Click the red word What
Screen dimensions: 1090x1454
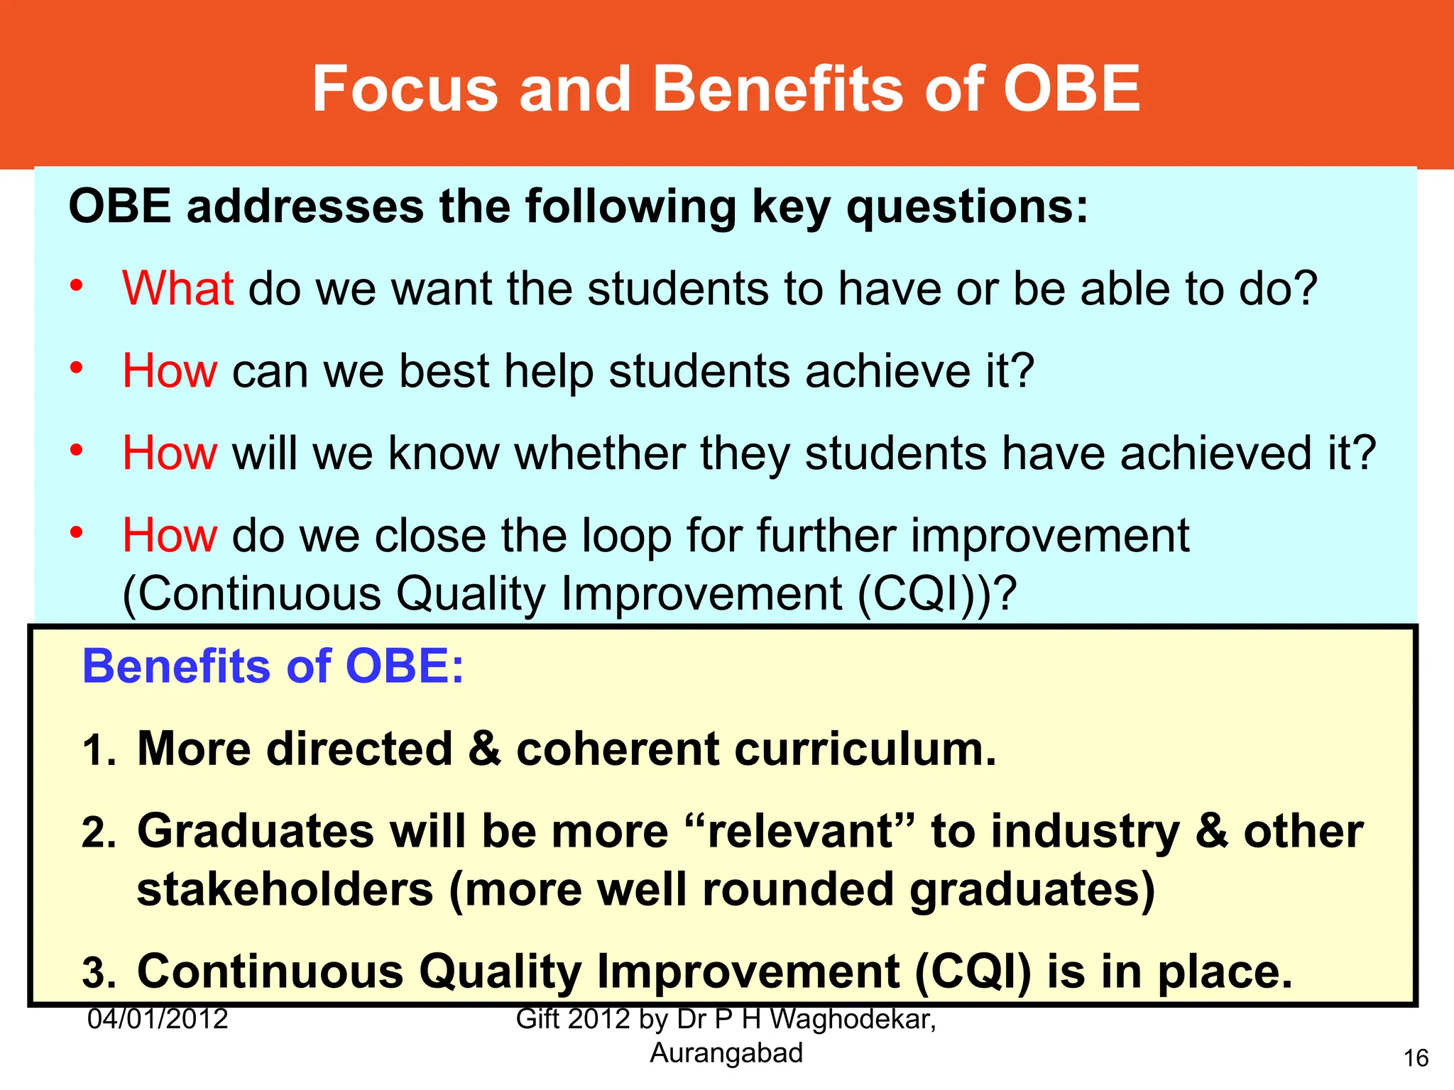pyautogui.click(x=177, y=289)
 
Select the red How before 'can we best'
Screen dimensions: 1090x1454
pyautogui.click(x=170, y=371)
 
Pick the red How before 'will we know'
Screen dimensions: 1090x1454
pyautogui.click(x=170, y=453)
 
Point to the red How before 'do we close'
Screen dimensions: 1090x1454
pyautogui.click(x=170, y=536)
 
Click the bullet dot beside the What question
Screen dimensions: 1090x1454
pyautogui.click(x=77, y=287)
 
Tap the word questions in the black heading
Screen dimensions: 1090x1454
pyautogui.click(x=968, y=207)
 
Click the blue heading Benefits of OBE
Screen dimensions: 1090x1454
pyautogui.click(x=273, y=667)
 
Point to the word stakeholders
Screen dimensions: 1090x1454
pyautogui.click(x=285, y=890)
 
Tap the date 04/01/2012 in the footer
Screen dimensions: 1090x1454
pyautogui.click(x=158, y=1020)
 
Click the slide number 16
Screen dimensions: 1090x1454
pyautogui.click(x=1416, y=1059)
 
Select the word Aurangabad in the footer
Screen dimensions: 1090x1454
pyautogui.click(x=726, y=1054)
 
